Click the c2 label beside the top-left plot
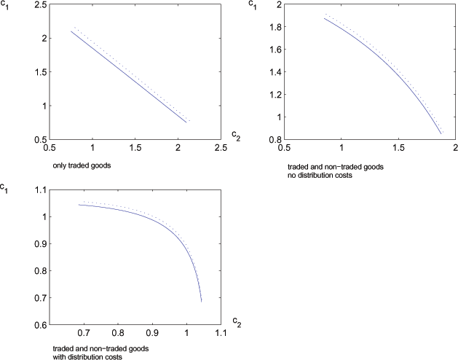pos(235,135)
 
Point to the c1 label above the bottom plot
pos(9,191)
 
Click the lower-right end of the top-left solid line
pos(186,122)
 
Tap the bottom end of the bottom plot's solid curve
pos(201,301)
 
